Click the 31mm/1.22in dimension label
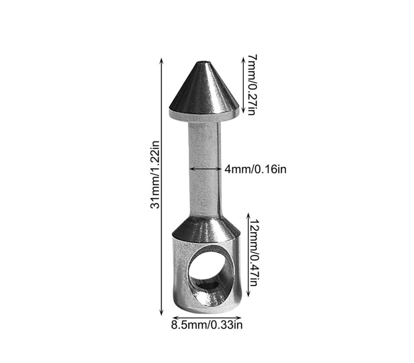(155, 175)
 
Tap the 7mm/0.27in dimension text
(252, 85)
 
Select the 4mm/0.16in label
(256, 169)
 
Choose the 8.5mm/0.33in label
(207, 325)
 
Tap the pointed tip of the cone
(204, 63)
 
